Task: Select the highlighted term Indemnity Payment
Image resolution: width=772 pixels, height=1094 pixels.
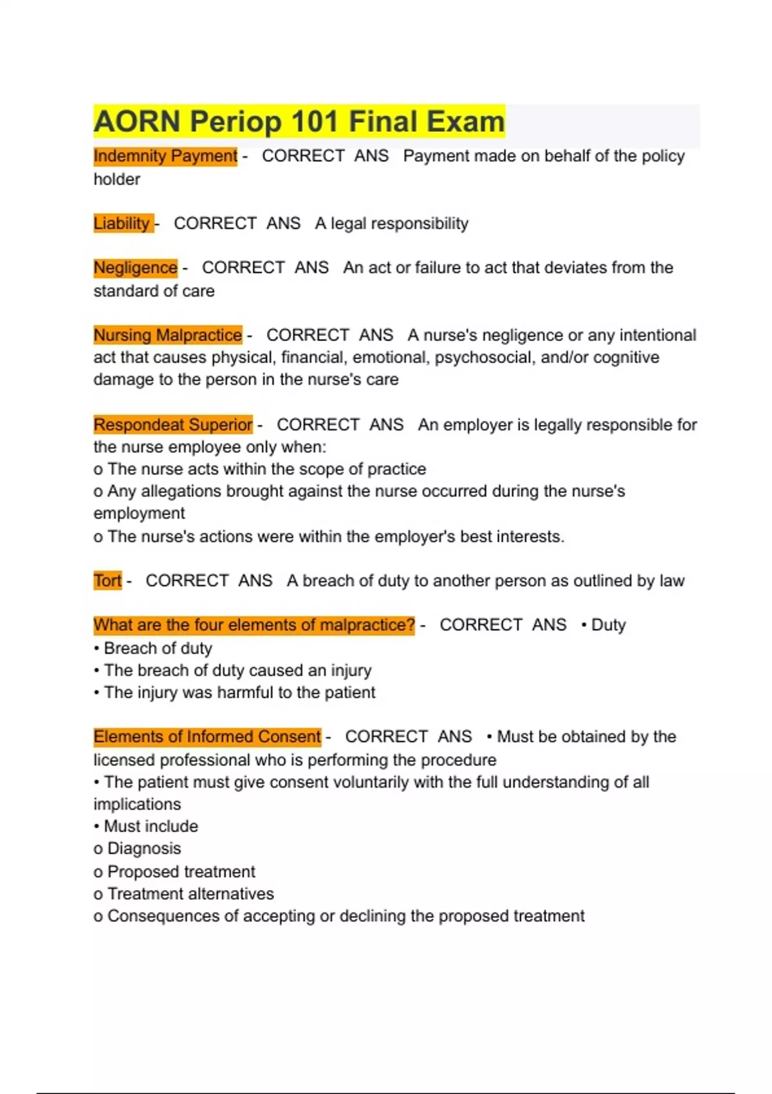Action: pyautogui.click(x=165, y=156)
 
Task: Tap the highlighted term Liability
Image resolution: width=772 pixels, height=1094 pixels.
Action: pyautogui.click(x=122, y=223)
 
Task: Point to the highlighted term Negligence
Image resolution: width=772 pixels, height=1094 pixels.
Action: pyautogui.click(x=135, y=267)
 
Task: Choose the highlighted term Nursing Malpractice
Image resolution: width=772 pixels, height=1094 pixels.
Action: pyautogui.click(x=167, y=335)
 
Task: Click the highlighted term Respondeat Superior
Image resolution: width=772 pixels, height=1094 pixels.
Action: pyautogui.click(x=172, y=425)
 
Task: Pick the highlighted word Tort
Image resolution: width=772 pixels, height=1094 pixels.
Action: pyautogui.click(x=107, y=580)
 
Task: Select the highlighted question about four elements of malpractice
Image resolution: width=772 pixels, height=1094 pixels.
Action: pyautogui.click(x=254, y=625)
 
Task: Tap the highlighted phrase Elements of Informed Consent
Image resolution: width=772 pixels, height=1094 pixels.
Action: pyautogui.click(x=207, y=736)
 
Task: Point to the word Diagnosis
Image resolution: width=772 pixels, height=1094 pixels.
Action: pyautogui.click(x=144, y=848)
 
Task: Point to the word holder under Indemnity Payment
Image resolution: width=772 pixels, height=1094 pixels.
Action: pyautogui.click(x=116, y=179)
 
